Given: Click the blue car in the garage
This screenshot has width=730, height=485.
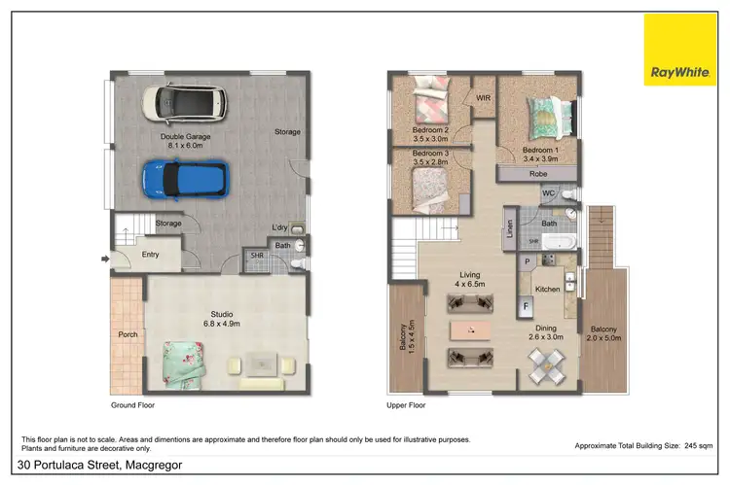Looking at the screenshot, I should [185, 178].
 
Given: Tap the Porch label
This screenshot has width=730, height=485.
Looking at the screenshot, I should [128, 335].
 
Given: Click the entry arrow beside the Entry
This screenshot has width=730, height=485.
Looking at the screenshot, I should [104, 259].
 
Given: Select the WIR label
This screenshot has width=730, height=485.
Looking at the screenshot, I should [484, 97].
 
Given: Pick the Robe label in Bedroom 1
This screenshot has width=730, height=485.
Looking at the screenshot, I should [537, 175].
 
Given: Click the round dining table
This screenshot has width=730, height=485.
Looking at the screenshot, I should [544, 367].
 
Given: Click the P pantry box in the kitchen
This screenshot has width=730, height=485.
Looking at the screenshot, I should [526, 261].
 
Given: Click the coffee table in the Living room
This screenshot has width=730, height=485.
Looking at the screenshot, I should [470, 330].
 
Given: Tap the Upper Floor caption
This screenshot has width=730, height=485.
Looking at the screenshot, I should [406, 404].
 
